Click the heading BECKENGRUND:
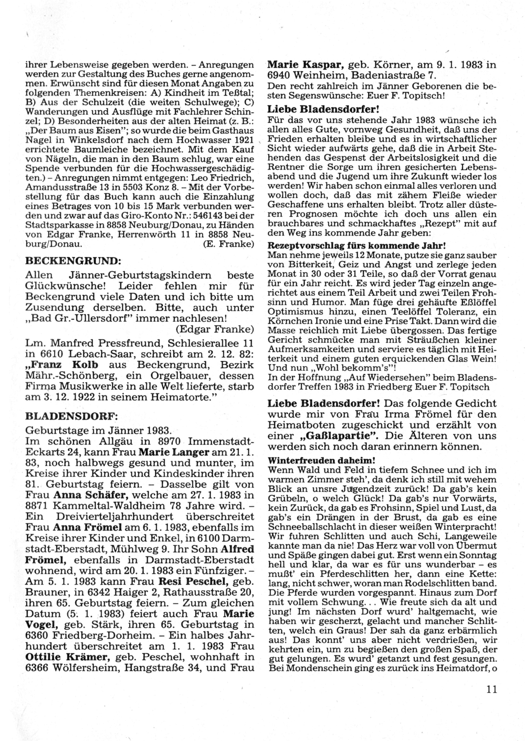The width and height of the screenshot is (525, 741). click(73, 261)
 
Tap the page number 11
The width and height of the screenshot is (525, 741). click(491, 690)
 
